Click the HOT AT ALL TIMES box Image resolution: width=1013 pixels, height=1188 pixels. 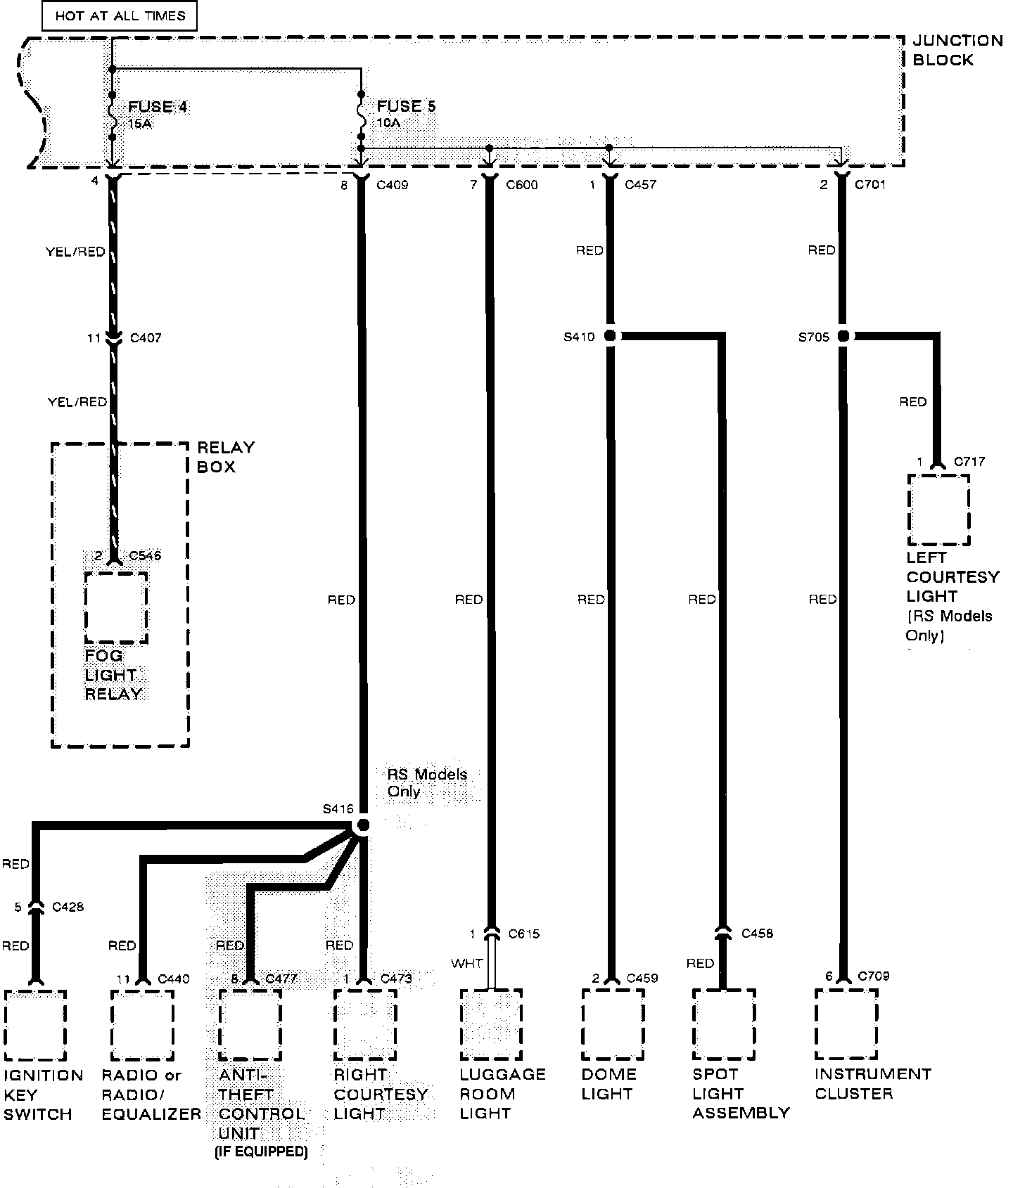click(x=120, y=16)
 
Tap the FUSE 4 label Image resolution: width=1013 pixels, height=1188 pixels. click(x=158, y=107)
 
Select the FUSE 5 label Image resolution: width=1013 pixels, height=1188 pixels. click(x=406, y=106)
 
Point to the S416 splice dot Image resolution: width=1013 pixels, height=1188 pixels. click(x=363, y=825)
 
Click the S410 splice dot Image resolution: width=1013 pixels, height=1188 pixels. click(x=610, y=337)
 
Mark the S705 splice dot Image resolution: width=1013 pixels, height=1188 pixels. click(x=842, y=337)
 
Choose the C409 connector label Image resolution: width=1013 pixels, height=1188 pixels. click(x=392, y=186)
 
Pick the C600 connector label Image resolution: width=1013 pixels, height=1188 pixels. click(x=521, y=186)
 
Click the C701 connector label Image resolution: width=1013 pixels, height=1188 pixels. click(x=870, y=186)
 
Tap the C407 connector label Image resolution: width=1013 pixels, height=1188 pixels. click(x=146, y=338)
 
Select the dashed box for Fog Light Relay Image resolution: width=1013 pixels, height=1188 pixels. click(x=116, y=607)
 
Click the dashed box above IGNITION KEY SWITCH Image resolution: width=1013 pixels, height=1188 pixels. click(x=35, y=1025)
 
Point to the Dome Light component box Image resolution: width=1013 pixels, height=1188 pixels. click(x=613, y=1024)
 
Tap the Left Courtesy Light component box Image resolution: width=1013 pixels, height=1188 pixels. click(x=938, y=510)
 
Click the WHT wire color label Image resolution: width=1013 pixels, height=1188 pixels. click(x=467, y=963)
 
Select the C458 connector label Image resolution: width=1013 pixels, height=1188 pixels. click(x=757, y=934)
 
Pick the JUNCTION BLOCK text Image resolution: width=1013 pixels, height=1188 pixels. click(x=957, y=51)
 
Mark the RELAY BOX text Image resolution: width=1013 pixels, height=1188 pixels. click(x=225, y=457)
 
